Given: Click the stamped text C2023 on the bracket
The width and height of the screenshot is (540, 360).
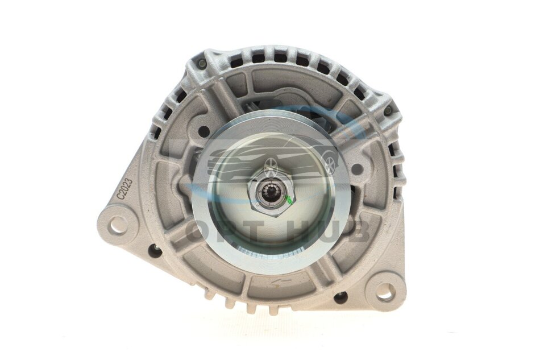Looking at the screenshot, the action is (x=122, y=188).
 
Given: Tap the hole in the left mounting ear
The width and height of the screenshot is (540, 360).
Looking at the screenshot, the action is (x=118, y=221).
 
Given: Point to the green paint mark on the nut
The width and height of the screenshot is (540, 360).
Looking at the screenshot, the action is (x=289, y=199).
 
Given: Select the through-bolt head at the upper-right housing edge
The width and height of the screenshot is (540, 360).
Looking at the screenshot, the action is (x=388, y=110).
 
